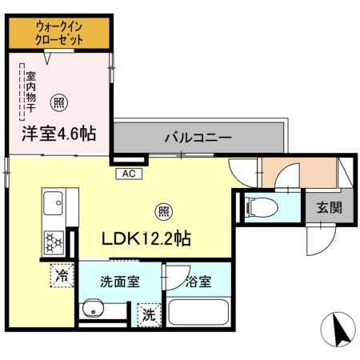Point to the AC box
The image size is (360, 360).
coord(129,173)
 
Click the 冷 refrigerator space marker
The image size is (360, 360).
coord(62,276)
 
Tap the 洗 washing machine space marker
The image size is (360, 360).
coord(149,316)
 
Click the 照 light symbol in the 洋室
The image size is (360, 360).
coord(58,102)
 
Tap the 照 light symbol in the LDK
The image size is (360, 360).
coord(162,212)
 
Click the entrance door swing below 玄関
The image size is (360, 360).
coord(318,238)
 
